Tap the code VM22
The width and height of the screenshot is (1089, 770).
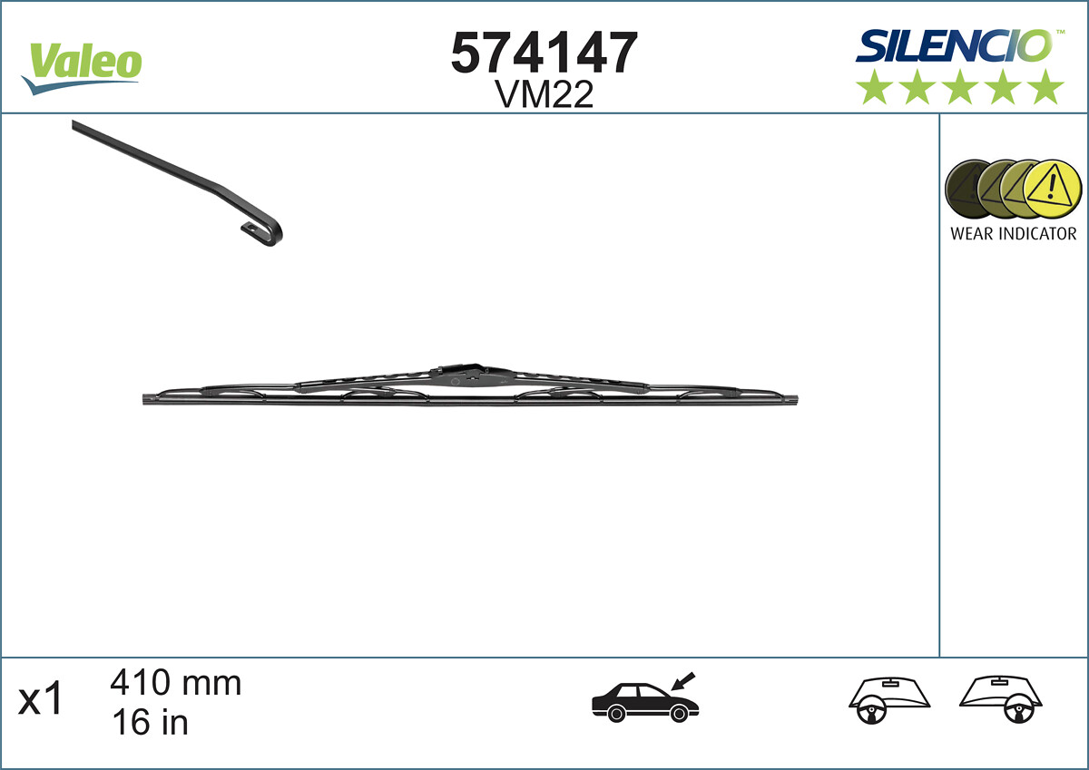click(544, 94)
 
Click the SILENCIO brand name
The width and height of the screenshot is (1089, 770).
click(954, 45)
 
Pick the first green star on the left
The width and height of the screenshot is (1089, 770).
click(874, 87)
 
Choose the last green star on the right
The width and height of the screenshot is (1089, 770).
click(1046, 87)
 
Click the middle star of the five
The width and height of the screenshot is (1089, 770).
click(960, 87)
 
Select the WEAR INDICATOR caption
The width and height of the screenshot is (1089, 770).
click(1013, 234)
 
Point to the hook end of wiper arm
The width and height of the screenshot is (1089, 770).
click(267, 230)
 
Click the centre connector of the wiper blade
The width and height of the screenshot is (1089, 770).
click(463, 373)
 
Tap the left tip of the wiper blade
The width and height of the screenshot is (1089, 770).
click(148, 399)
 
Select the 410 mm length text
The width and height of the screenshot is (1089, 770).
click(176, 683)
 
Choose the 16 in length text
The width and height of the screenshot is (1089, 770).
click(149, 722)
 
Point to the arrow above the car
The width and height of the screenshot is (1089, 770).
click(682, 679)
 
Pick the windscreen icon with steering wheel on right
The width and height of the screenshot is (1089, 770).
click(1001, 699)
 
